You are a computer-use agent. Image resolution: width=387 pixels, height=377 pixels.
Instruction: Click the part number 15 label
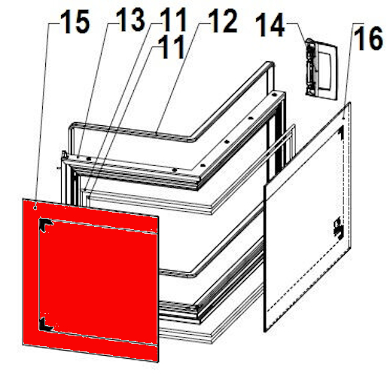[73, 23]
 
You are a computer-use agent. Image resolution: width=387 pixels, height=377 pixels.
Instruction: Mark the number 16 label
[368, 40]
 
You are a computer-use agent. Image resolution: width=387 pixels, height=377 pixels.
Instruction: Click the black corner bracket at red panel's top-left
[44, 223]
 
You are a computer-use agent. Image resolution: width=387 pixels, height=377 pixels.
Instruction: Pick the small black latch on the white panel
[336, 225]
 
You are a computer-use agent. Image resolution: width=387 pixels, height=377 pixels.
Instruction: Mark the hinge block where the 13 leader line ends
[66, 156]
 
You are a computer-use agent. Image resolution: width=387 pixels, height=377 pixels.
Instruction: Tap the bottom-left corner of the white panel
[264, 329]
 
